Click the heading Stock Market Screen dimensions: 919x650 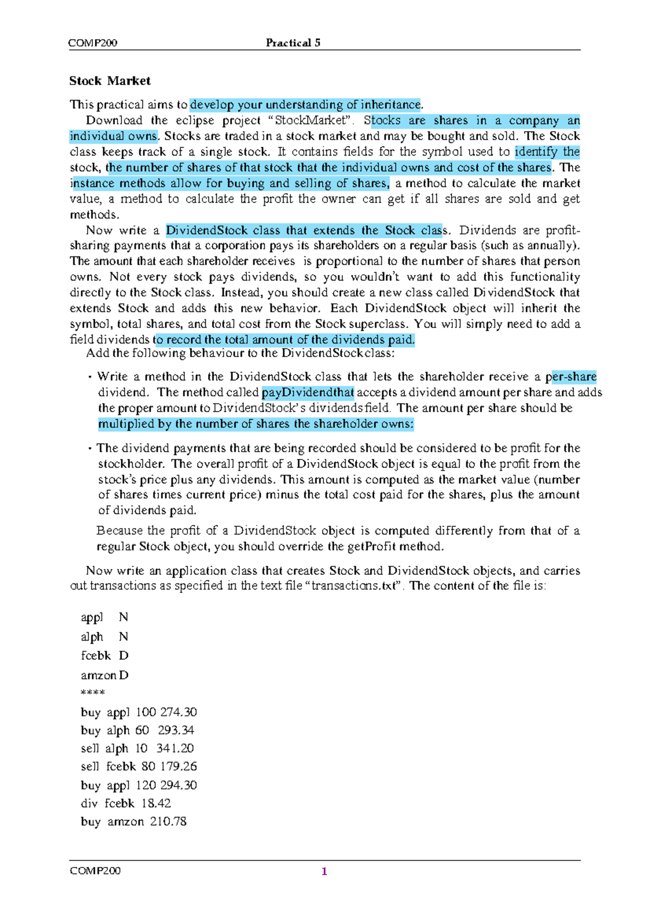[x=109, y=81]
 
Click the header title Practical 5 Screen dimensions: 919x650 [x=293, y=43]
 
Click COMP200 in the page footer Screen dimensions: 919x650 [x=95, y=870]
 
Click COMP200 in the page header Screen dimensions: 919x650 [x=93, y=43]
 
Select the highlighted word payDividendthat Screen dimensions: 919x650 [x=308, y=392]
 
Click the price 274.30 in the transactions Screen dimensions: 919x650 [x=178, y=712]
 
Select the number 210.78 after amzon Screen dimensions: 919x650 [x=168, y=821]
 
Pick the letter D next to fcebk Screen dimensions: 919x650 [x=123, y=656]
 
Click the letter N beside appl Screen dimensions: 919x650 [x=123, y=617]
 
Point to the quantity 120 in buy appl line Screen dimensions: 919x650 [x=146, y=785]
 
